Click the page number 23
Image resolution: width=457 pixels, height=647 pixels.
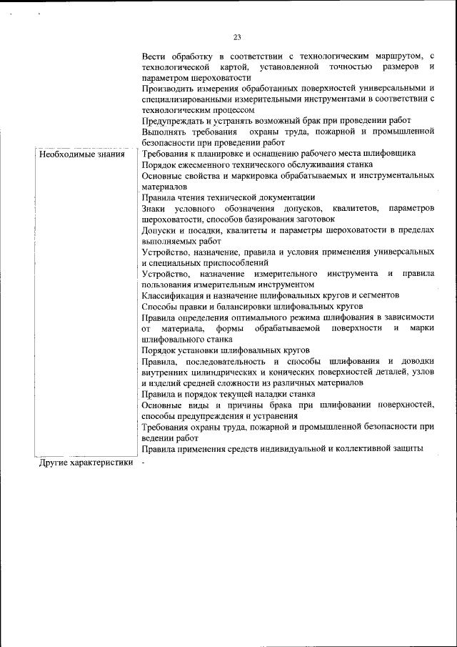[237, 38]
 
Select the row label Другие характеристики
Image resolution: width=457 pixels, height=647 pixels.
[86, 463]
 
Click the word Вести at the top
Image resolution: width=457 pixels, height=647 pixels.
[154, 56]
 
